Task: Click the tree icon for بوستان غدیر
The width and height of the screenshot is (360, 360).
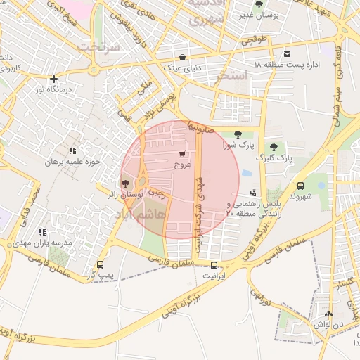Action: point(259,4)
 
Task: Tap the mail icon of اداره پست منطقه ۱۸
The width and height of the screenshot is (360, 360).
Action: point(287,54)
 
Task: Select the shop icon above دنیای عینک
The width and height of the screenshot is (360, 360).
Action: point(183,58)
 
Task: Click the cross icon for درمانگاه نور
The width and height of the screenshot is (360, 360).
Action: point(53,79)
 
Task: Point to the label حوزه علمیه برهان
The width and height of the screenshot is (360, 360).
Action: point(74,162)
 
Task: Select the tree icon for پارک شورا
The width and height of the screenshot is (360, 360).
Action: point(237,134)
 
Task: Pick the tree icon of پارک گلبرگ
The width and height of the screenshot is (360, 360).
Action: point(274,148)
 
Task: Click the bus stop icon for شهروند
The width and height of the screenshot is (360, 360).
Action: point(301,186)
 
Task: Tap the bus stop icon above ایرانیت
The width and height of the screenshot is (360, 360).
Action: point(214,266)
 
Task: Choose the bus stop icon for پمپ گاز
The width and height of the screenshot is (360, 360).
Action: point(101,265)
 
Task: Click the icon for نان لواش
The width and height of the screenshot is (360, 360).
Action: point(330,314)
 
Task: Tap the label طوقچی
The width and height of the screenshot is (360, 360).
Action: point(255,41)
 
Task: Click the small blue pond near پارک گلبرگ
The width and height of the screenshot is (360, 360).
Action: point(246,172)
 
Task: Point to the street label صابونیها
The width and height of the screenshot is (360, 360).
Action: point(200,129)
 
